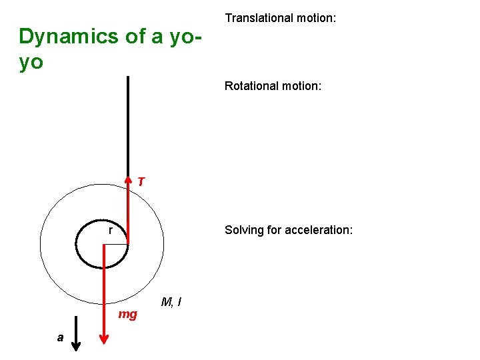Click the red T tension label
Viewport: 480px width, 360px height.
click(141, 181)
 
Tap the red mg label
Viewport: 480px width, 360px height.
click(127, 314)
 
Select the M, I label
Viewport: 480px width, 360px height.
click(172, 303)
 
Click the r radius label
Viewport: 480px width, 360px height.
click(110, 231)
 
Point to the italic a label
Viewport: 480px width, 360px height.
click(60, 338)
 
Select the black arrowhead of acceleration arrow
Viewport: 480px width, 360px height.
click(77, 345)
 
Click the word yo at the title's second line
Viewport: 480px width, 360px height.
click(31, 62)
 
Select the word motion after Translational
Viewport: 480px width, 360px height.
click(314, 17)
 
